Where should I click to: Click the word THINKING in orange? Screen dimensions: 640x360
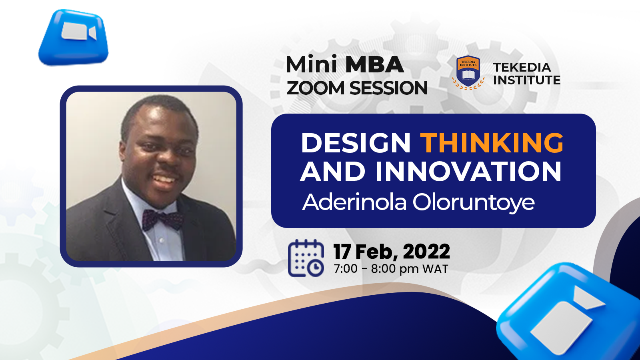pos(492,142)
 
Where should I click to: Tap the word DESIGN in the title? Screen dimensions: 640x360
pos(356,142)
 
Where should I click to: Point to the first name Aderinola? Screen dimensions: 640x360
pos(354,202)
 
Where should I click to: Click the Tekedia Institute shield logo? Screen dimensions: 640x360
pos(468,72)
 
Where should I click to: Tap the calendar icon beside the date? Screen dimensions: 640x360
pos(306,258)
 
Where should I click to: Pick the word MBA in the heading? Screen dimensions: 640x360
pos(374,64)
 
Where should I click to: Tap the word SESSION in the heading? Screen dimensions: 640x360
pos(388,88)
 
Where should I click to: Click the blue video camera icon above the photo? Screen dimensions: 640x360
pos(74,37)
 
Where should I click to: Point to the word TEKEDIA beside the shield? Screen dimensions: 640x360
pos(522,68)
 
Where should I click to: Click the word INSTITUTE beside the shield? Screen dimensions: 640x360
pos(526,80)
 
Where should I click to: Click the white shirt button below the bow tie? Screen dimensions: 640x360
pos(162,240)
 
